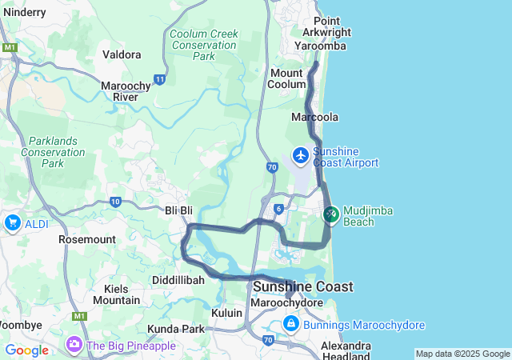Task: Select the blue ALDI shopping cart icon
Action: [12, 223]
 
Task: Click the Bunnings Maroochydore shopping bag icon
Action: [291, 325]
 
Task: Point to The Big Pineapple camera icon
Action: [74, 345]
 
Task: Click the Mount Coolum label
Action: [286, 78]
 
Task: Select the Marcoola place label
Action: [314, 117]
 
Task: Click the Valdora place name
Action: [122, 54]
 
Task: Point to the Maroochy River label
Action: [121, 91]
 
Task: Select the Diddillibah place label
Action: [178, 280]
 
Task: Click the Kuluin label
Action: [227, 313]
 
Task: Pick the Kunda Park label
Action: [176, 329]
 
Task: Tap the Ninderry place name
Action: [25, 13]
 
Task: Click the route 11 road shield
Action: [161, 79]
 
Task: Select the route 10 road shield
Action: [115, 202]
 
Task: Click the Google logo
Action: [26, 350]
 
